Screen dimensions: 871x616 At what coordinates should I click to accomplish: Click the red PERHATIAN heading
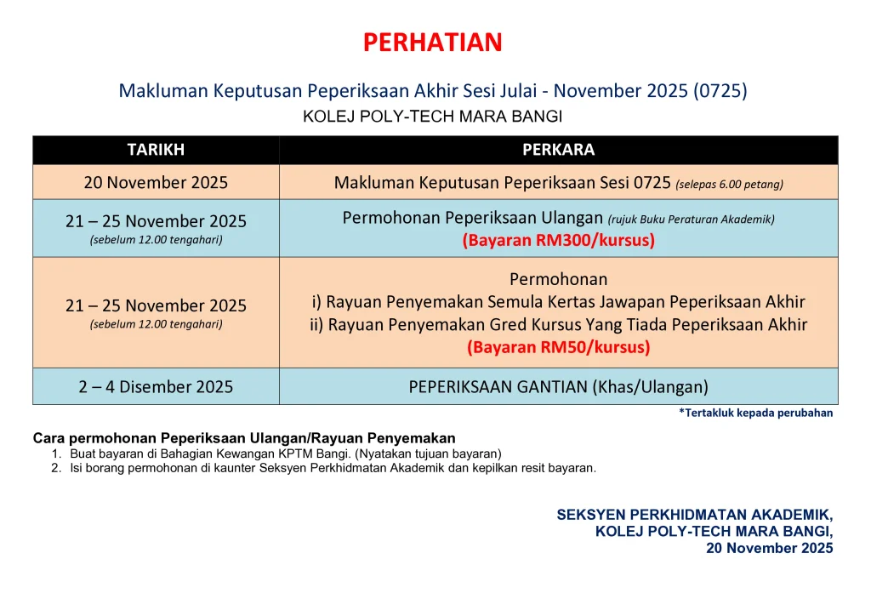pyautogui.click(x=433, y=43)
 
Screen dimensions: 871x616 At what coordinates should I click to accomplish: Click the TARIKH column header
pyautogui.click(x=156, y=150)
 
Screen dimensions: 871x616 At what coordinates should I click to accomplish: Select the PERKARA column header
pyautogui.click(x=558, y=150)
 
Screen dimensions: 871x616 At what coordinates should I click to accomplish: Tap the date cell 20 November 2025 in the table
pyautogui.click(x=157, y=183)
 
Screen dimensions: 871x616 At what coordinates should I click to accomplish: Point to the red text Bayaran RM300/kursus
pyautogui.click(x=558, y=240)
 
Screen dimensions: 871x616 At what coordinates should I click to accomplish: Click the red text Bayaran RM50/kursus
pyautogui.click(x=558, y=347)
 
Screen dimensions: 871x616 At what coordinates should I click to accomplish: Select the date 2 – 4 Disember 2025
pyautogui.click(x=157, y=386)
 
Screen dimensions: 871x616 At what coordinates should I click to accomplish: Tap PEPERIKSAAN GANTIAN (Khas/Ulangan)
pyautogui.click(x=558, y=386)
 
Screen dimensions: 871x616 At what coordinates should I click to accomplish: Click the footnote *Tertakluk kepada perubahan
pyautogui.click(x=756, y=413)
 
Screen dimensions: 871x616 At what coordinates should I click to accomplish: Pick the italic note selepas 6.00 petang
pyautogui.click(x=729, y=185)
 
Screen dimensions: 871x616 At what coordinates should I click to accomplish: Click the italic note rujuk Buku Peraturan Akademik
pyautogui.click(x=691, y=220)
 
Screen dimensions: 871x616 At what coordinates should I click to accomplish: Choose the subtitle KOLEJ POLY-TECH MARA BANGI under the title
pyautogui.click(x=433, y=117)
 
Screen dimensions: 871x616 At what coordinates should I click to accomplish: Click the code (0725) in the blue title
pyautogui.click(x=720, y=90)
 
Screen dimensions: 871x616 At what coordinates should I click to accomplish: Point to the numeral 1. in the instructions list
pyautogui.click(x=56, y=453)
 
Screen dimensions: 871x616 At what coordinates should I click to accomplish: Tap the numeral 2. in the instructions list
pyautogui.click(x=56, y=468)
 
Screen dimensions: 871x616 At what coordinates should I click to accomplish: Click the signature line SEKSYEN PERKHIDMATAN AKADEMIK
pyautogui.click(x=695, y=515)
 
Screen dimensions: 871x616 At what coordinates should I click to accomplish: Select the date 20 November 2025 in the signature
pyautogui.click(x=769, y=548)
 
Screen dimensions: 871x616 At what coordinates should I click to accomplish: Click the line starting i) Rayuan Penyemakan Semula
pyautogui.click(x=558, y=301)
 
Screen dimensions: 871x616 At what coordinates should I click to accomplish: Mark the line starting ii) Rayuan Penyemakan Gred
pyautogui.click(x=558, y=324)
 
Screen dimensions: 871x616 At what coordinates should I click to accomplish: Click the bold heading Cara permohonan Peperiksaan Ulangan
pyautogui.click(x=244, y=438)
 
